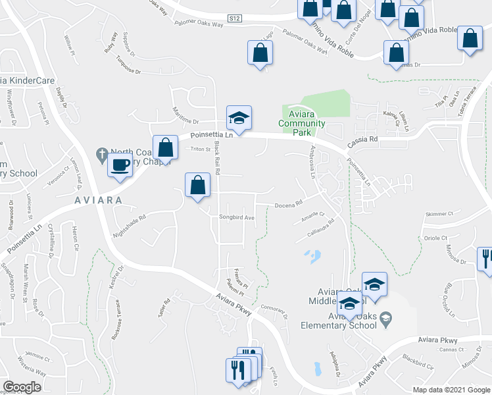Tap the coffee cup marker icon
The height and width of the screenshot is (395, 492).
point(120,165)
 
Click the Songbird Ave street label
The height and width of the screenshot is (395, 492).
point(236,217)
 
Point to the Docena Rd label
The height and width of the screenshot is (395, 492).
point(288,203)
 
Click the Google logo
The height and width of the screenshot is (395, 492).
point(21,387)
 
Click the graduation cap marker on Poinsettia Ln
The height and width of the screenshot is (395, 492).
point(239,118)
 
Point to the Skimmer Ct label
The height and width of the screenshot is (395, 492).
point(440,214)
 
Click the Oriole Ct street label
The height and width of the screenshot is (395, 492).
point(435,238)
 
